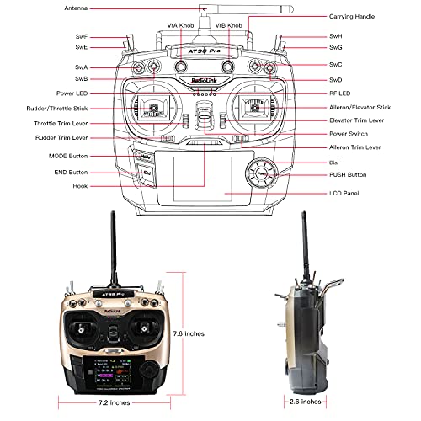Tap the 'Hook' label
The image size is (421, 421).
click(x=81, y=185)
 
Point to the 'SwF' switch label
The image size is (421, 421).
click(x=82, y=38)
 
